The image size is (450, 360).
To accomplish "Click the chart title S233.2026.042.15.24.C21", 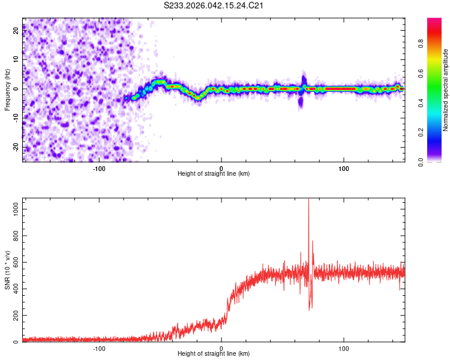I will pos(214,5).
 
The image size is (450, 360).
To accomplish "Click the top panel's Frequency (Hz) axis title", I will pos(7,89).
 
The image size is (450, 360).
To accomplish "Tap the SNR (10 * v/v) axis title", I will pos(7,269).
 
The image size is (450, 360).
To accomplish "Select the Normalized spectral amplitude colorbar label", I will pos(445,90).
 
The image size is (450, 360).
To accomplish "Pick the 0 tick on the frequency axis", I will pos(17,89).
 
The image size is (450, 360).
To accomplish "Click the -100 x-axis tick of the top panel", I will pos(99,167).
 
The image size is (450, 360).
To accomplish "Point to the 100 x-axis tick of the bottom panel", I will pos(344,347).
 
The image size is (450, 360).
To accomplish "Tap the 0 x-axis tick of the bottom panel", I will pos(221,347).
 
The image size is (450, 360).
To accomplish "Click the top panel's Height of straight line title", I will pos(214,174).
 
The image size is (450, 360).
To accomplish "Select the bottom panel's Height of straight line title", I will pos(214,354).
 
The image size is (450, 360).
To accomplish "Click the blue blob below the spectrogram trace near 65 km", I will pos(301,103).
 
